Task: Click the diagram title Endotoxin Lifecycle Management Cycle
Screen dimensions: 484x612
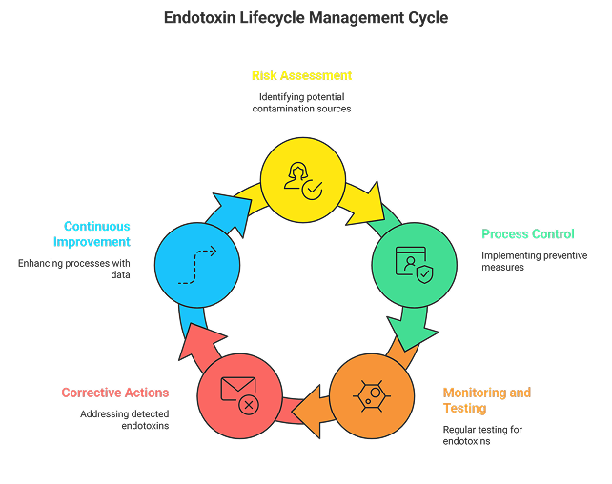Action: click(305, 18)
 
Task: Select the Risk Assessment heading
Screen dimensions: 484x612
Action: click(301, 75)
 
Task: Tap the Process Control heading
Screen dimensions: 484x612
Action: click(527, 234)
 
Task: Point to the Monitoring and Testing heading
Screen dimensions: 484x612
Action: click(487, 400)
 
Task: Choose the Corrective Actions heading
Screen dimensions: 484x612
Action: click(114, 393)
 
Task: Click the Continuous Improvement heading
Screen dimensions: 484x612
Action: click(92, 234)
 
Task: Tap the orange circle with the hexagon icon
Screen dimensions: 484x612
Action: click(372, 395)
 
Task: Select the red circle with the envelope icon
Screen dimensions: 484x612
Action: click(239, 395)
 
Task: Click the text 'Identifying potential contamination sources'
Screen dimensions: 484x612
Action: click(301, 103)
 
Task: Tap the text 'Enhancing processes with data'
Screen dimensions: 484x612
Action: click(74, 268)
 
